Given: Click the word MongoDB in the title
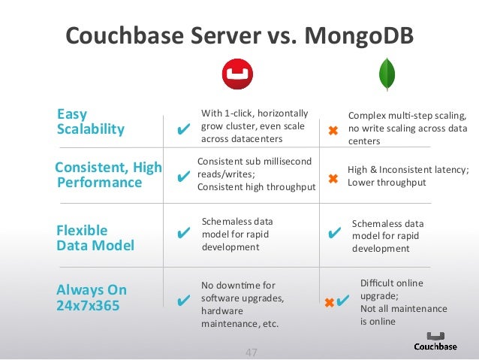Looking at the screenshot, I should coord(357,35).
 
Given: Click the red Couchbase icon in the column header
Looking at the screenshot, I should coord(237,74).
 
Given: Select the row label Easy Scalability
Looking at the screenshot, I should coord(91,122).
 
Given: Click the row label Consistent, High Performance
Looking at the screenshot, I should coord(109,175).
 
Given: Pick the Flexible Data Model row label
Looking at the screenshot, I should coord(95,237).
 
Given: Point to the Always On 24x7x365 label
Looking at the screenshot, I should coord(92,297).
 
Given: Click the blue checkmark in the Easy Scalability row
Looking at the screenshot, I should coord(182,130).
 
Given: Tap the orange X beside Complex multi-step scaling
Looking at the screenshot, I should coord(333,131).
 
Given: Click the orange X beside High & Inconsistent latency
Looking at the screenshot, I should coord(333,179).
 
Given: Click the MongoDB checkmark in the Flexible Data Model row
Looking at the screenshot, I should coord(334,234).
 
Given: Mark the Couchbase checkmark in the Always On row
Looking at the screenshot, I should coord(182,302).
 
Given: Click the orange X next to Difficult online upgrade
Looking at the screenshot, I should coord(329,303).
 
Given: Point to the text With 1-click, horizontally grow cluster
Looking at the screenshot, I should coord(252,126).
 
